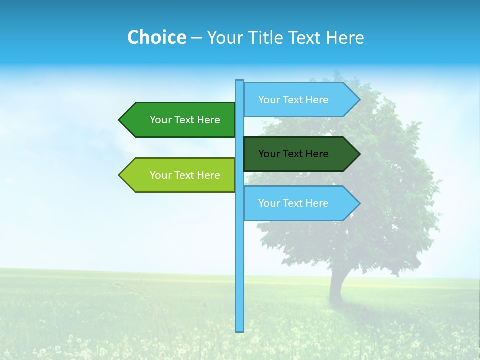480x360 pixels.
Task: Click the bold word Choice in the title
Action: (x=156, y=37)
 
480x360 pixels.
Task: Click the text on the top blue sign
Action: (x=293, y=100)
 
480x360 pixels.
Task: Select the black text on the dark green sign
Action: (x=293, y=154)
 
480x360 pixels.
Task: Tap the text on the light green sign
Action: (x=185, y=175)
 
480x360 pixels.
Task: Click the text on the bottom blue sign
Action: (x=293, y=203)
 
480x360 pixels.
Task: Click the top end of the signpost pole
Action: (x=240, y=82)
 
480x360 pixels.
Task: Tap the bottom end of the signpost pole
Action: (x=240, y=330)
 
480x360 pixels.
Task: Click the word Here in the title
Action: (x=345, y=37)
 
